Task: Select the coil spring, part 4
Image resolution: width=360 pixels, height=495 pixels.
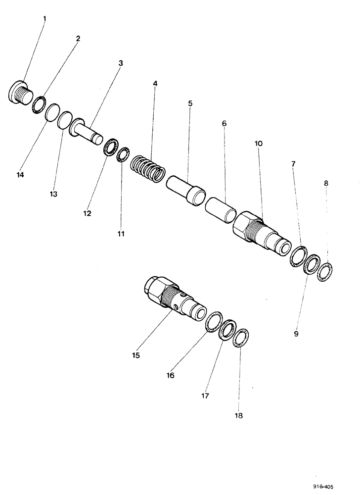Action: coord(148,170)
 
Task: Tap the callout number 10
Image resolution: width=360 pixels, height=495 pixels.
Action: coord(258,144)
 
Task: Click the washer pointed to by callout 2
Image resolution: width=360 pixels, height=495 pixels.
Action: coord(39,105)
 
